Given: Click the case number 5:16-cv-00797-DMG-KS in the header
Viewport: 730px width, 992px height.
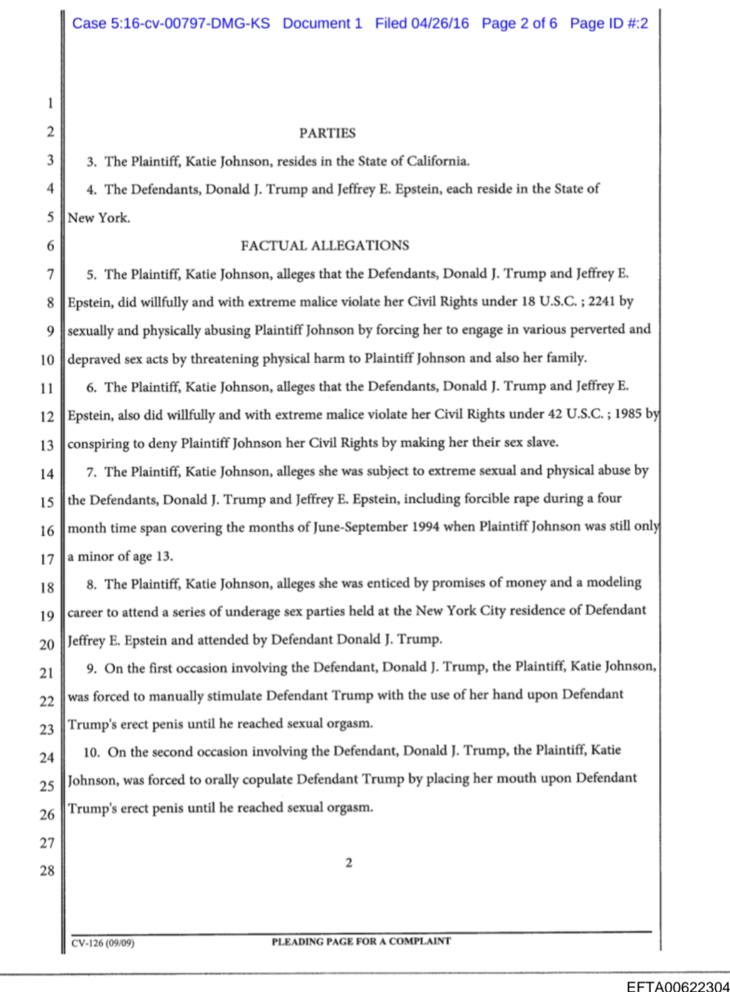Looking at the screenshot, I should [x=170, y=24].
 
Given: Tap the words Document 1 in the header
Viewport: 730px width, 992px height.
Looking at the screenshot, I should [x=322, y=24].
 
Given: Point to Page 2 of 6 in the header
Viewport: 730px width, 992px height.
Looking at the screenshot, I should [x=519, y=24].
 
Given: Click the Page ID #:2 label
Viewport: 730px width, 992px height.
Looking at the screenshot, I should [x=608, y=24].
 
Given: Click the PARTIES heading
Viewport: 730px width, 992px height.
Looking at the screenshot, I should [x=327, y=133].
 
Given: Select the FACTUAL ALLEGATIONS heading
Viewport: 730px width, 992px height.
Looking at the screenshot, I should [x=325, y=246].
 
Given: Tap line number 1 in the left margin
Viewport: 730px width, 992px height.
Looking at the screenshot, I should [x=49, y=104].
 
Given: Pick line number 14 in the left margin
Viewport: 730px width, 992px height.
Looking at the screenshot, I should [x=47, y=474].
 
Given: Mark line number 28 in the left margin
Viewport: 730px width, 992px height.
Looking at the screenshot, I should [x=47, y=871].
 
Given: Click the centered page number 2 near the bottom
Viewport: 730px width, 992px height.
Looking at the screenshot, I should [x=348, y=863].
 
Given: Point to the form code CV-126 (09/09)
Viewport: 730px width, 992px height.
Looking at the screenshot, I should [x=103, y=943].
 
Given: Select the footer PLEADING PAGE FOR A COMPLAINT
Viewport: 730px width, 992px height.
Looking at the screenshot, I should [x=361, y=941].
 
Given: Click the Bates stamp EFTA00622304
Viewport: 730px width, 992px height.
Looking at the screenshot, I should [x=677, y=986].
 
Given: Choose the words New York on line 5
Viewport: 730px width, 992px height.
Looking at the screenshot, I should [x=98, y=218].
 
